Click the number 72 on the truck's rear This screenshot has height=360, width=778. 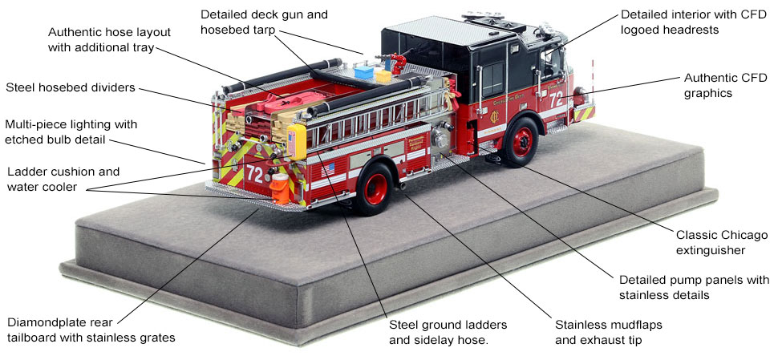(x=255, y=172)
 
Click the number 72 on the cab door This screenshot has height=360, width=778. (x=557, y=99)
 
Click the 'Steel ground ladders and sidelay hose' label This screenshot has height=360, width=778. (x=450, y=333)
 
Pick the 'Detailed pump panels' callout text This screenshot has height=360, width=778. (x=694, y=287)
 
